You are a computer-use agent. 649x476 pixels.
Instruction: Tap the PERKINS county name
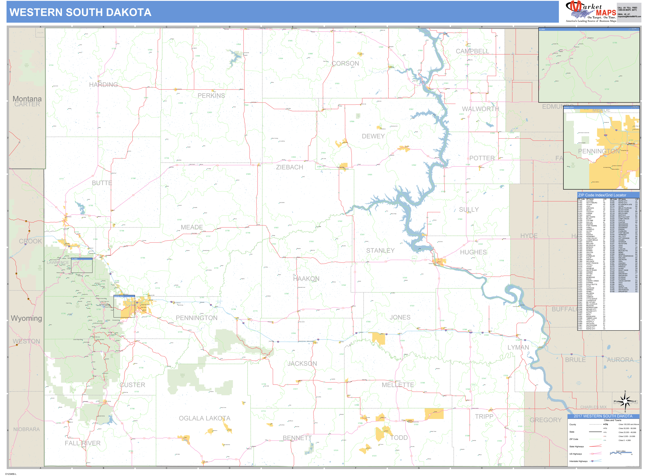point(211,96)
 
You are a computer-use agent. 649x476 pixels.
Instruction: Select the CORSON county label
point(345,63)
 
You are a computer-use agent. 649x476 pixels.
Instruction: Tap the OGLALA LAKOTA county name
point(205,418)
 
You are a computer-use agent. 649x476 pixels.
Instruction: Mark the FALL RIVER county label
point(83,443)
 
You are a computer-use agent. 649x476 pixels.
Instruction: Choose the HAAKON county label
point(306,279)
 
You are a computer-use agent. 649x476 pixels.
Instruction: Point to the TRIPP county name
point(484,416)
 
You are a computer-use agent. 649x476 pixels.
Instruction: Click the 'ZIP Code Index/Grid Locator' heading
point(602,195)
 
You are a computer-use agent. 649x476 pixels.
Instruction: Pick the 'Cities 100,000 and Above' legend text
point(629,424)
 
